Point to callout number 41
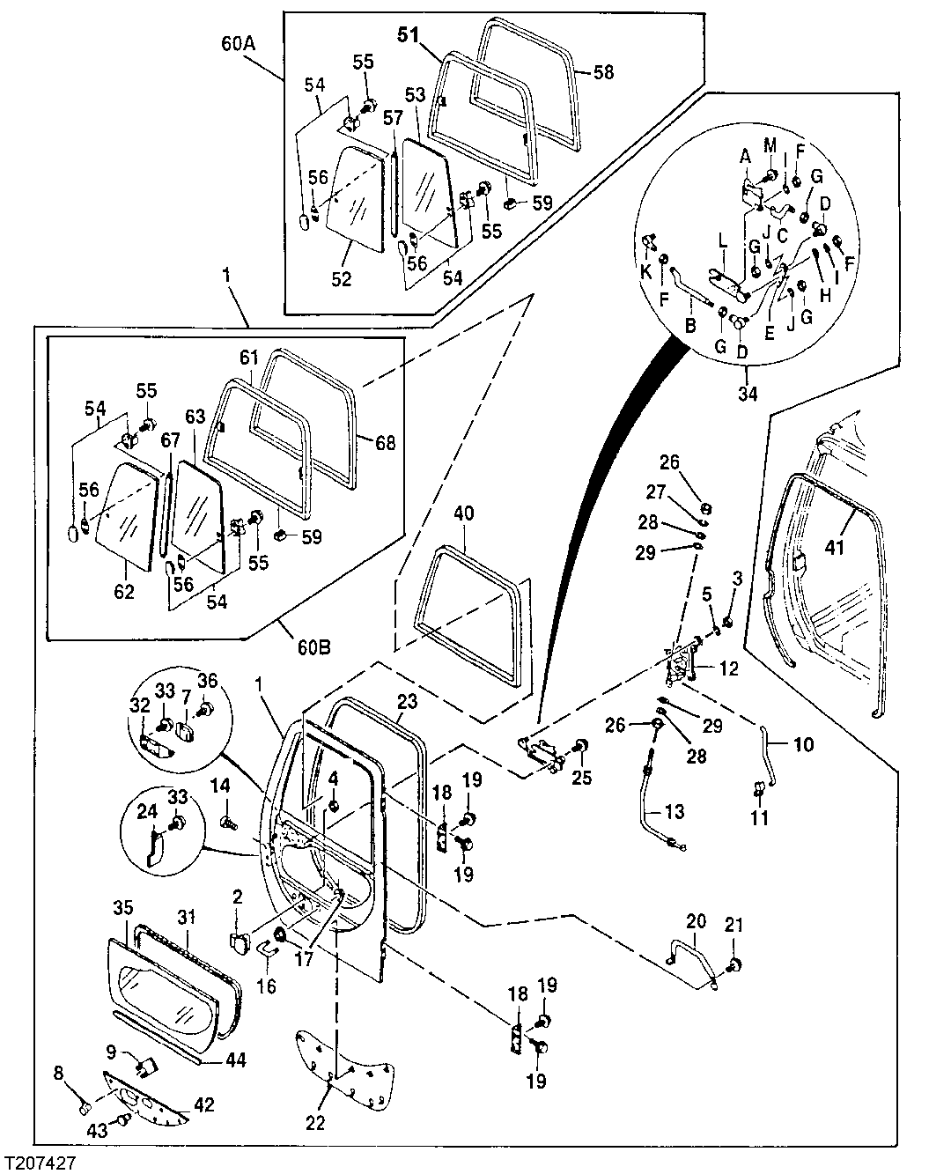(835, 548)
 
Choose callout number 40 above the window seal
(464, 513)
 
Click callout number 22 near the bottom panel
(315, 1124)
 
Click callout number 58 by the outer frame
(603, 73)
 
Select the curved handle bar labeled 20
(694, 960)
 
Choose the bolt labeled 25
(581, 748)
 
